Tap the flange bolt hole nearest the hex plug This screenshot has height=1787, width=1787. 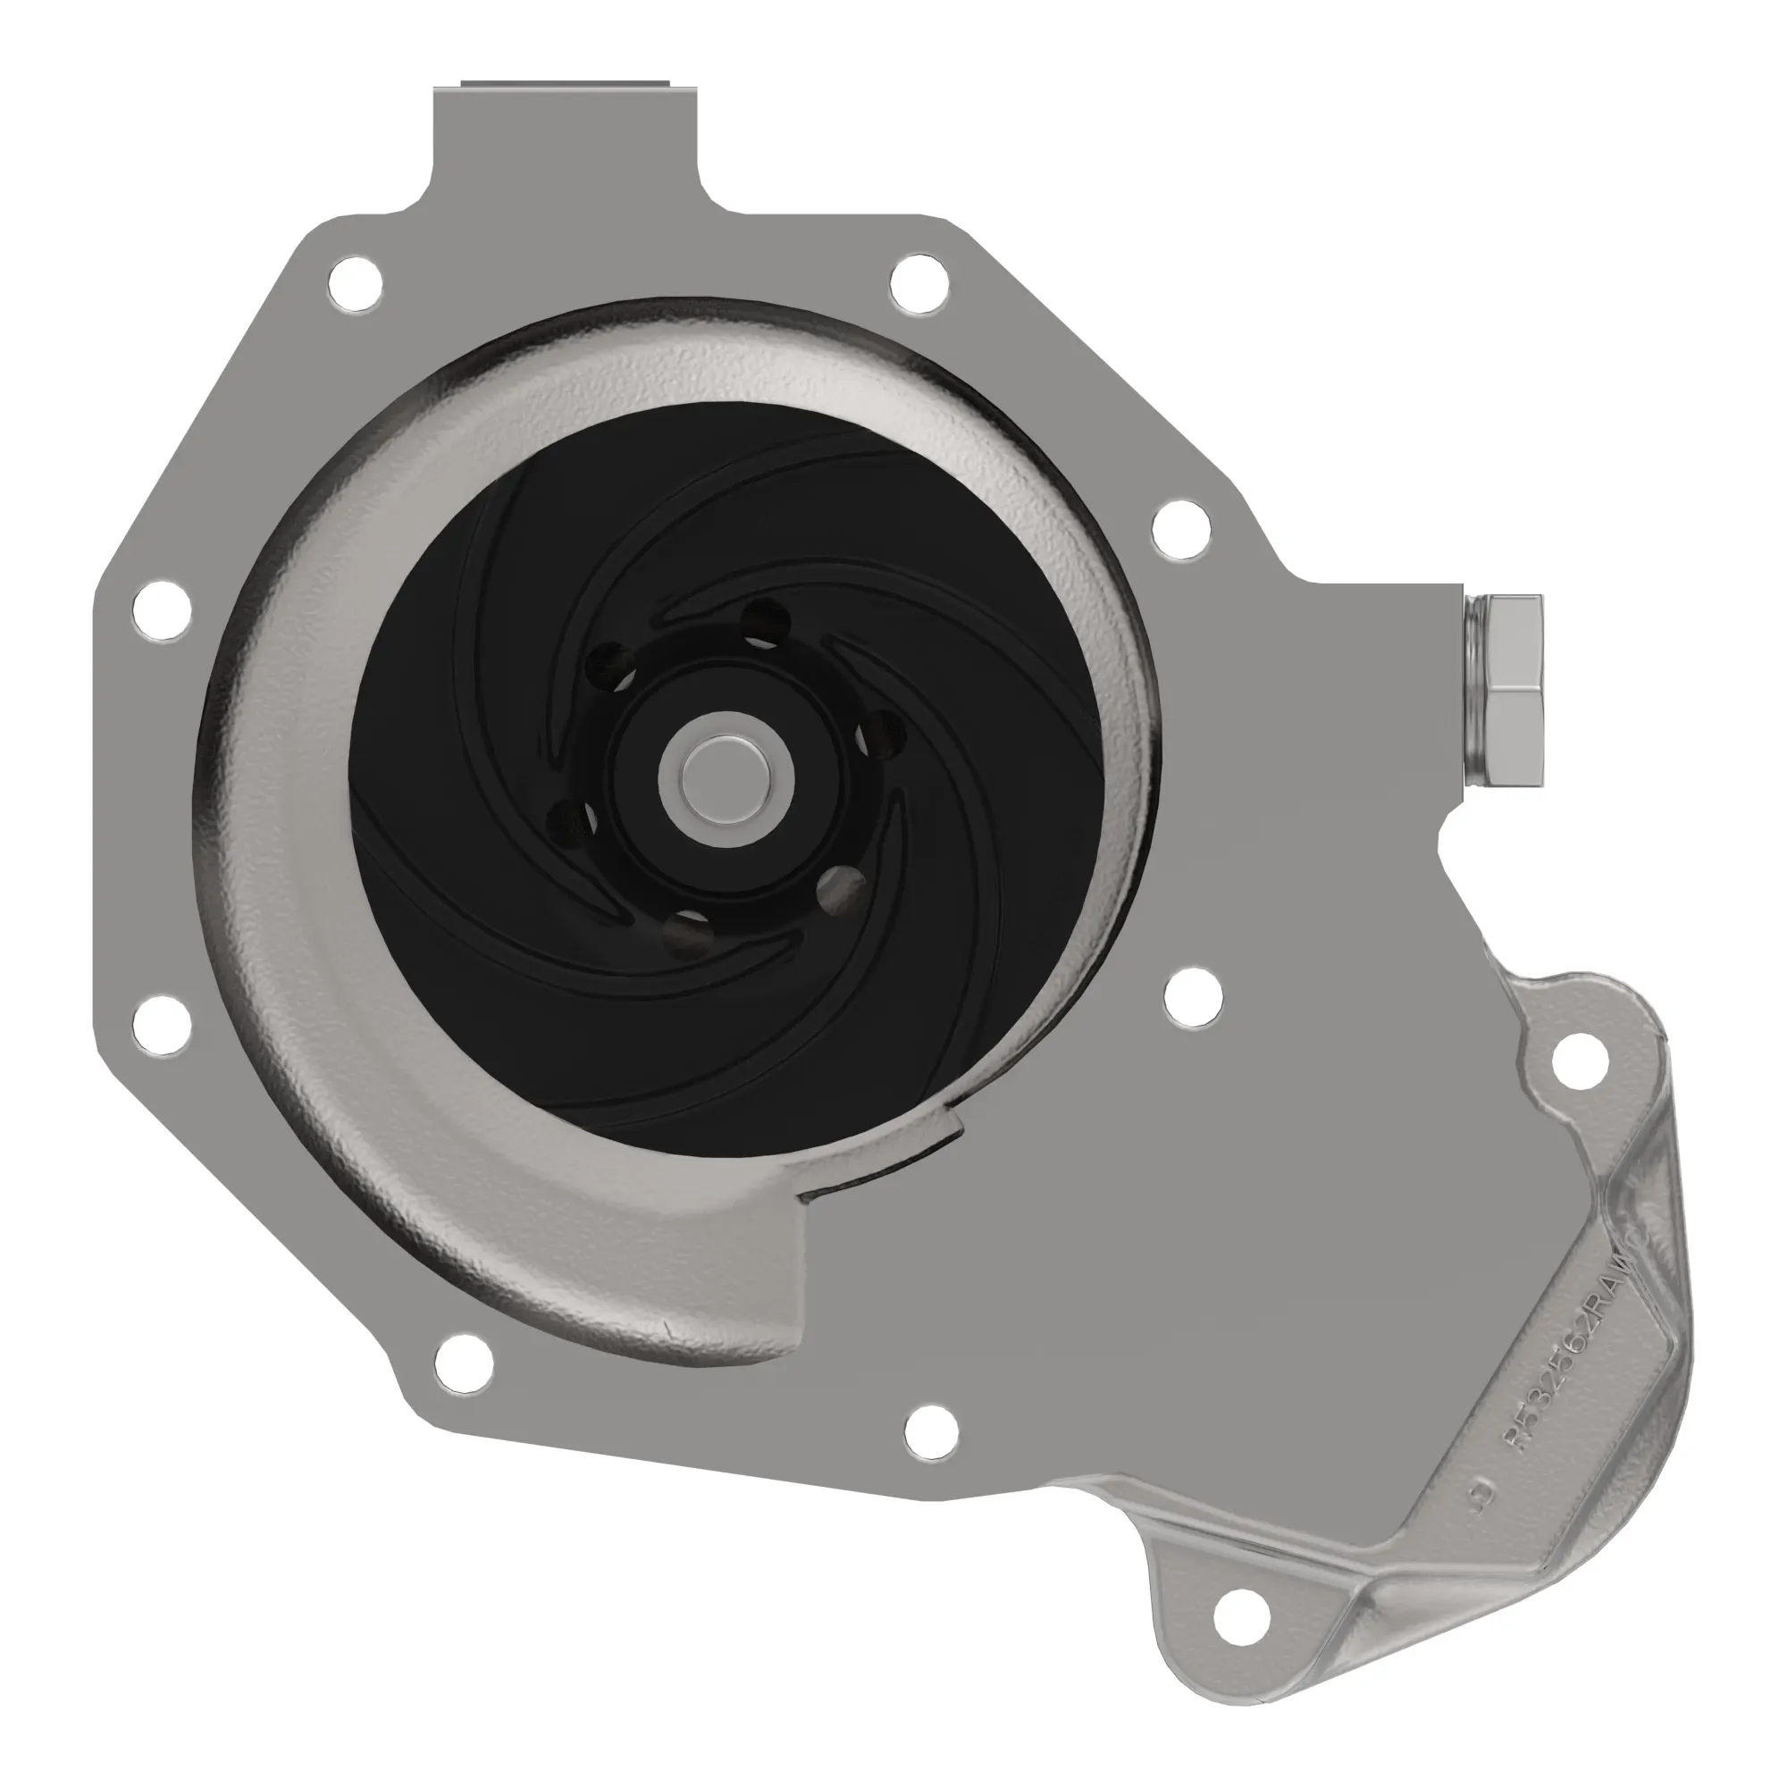[1183, 529]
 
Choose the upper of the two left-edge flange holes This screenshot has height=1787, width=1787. [162, 608]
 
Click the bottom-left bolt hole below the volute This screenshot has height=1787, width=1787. [463, 1363]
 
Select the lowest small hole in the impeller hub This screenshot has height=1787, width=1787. [688, 935]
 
